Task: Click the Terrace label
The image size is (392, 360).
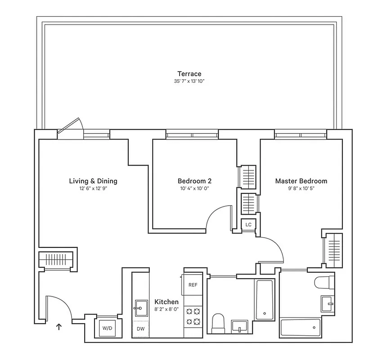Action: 189,74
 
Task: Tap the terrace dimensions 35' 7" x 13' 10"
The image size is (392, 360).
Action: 189,81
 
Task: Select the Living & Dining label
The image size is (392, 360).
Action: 93,181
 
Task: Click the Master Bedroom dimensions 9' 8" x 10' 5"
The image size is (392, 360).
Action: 301,189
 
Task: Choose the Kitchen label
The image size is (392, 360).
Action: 167,301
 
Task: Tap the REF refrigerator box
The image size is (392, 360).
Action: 193,285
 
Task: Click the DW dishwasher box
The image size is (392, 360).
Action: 140,329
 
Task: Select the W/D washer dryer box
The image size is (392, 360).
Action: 107,328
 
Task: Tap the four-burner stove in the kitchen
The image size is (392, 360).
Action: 193,316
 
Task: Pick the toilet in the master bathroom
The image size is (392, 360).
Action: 324,283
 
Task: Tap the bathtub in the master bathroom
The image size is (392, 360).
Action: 300,326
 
